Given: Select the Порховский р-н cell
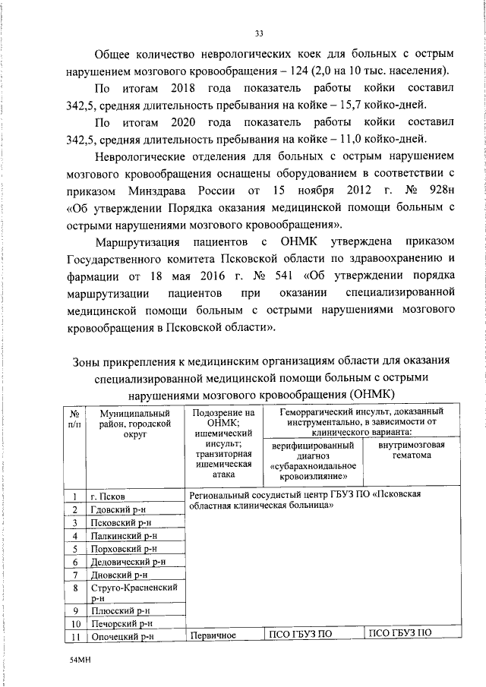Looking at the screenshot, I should (x=122, y=549).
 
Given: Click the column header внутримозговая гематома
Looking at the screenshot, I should (x=412, y=449).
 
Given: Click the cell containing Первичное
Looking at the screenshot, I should (x=214, y=635).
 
